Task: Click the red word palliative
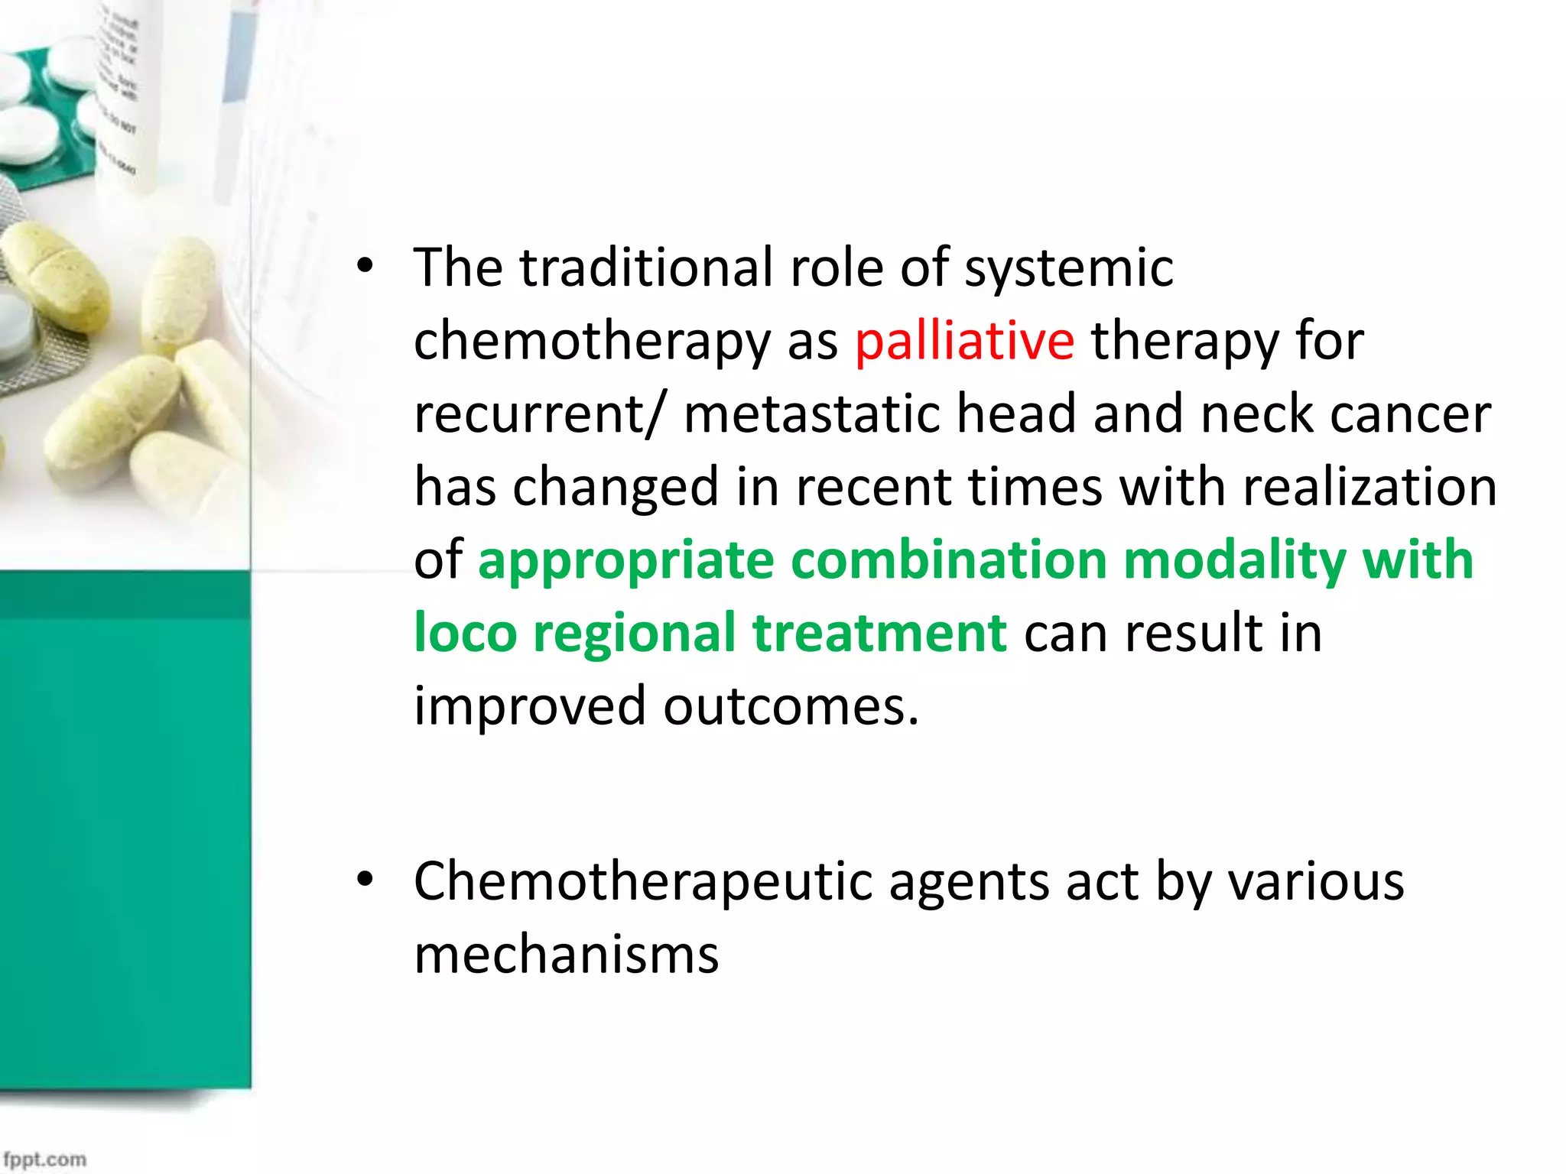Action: click(964, 341)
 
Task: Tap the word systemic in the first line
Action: click(1068, 268)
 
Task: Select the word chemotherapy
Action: click(592, 341)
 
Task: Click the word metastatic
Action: click(811, 414)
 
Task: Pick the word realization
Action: click(1369, 487)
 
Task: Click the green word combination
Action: click(948, 560)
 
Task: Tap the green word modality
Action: click(1234, 560)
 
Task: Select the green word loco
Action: click(465, 633)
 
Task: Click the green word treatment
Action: click(879, 633)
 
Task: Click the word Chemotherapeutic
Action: click(642, 882)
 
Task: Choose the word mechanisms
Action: click(567, 955)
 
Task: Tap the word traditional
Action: click(646, 268)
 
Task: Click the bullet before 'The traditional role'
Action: click(366, 267)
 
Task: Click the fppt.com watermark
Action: click(44, 1159)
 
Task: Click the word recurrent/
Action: click(535, 414)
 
